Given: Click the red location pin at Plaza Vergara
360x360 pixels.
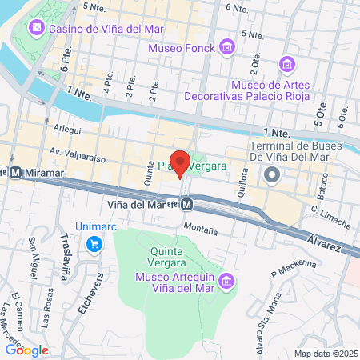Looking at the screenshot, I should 180,162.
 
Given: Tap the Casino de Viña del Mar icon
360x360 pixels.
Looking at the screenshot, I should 37,29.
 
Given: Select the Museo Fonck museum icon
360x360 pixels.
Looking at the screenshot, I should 227,48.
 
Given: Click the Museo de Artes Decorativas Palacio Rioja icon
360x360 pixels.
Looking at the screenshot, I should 286,64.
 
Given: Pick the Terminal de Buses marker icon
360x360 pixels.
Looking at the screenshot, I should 273,174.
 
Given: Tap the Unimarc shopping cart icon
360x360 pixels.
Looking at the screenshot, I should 94,242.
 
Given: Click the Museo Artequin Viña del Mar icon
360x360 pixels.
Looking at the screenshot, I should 226,281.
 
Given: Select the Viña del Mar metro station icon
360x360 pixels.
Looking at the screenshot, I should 187,205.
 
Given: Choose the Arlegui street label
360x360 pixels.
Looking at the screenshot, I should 68,126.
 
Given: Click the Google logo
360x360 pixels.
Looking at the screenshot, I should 27,350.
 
